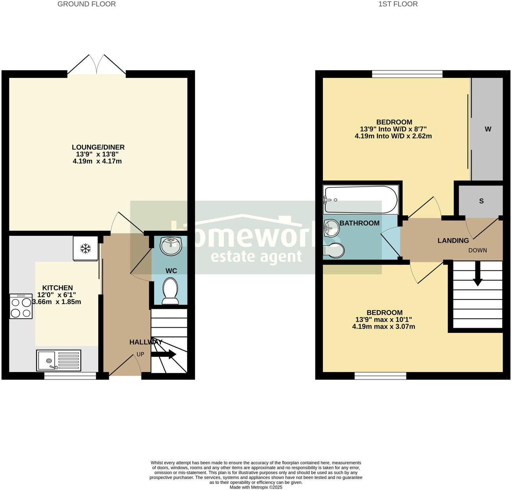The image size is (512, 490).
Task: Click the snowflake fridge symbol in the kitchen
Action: (x=85, y=248)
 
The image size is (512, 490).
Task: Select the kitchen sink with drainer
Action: (x=59, y=360)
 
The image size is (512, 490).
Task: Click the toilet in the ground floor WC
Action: (x=170, y=291)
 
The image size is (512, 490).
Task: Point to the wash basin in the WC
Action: (x=171, y=245)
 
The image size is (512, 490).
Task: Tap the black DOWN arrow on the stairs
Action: (x=478, y=276)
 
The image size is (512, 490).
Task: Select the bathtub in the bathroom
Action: (x=360, y=199)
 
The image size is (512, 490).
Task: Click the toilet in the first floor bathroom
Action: (x=333, y=250)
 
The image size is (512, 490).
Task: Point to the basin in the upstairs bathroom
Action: (x=331, y=228)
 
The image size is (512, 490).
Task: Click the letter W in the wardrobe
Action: (x=488, y=129)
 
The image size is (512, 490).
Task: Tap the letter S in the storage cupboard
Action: (x=481, y=201)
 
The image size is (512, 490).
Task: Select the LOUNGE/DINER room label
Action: (x=98, y=147)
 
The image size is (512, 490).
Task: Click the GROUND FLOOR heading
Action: (x=87, y=4)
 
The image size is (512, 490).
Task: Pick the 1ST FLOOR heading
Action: (x=398, y=4)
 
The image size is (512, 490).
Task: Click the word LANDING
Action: (x=453, y=240)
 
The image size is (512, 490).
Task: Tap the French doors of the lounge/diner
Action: (x=97, y=65)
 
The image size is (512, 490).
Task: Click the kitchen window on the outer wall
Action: (x=70, y=376)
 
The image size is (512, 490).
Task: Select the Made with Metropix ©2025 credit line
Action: (x=256, y=487)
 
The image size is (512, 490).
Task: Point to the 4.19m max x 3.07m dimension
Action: (x=383, y=327)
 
